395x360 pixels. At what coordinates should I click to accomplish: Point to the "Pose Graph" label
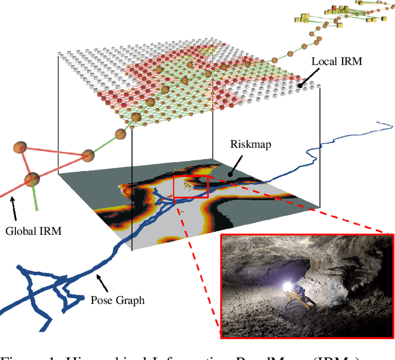click(x=117, y=300)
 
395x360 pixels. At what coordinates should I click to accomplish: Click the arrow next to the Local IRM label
click(x=305, y=79)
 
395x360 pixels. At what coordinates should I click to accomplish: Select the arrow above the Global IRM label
click(x=15, y=213)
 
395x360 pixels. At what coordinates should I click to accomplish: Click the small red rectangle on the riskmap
click(x=191, y=187)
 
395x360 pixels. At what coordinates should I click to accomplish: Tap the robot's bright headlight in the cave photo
click(x=287, y=286)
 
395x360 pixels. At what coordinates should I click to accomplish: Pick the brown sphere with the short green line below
click(x=32, y=180)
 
